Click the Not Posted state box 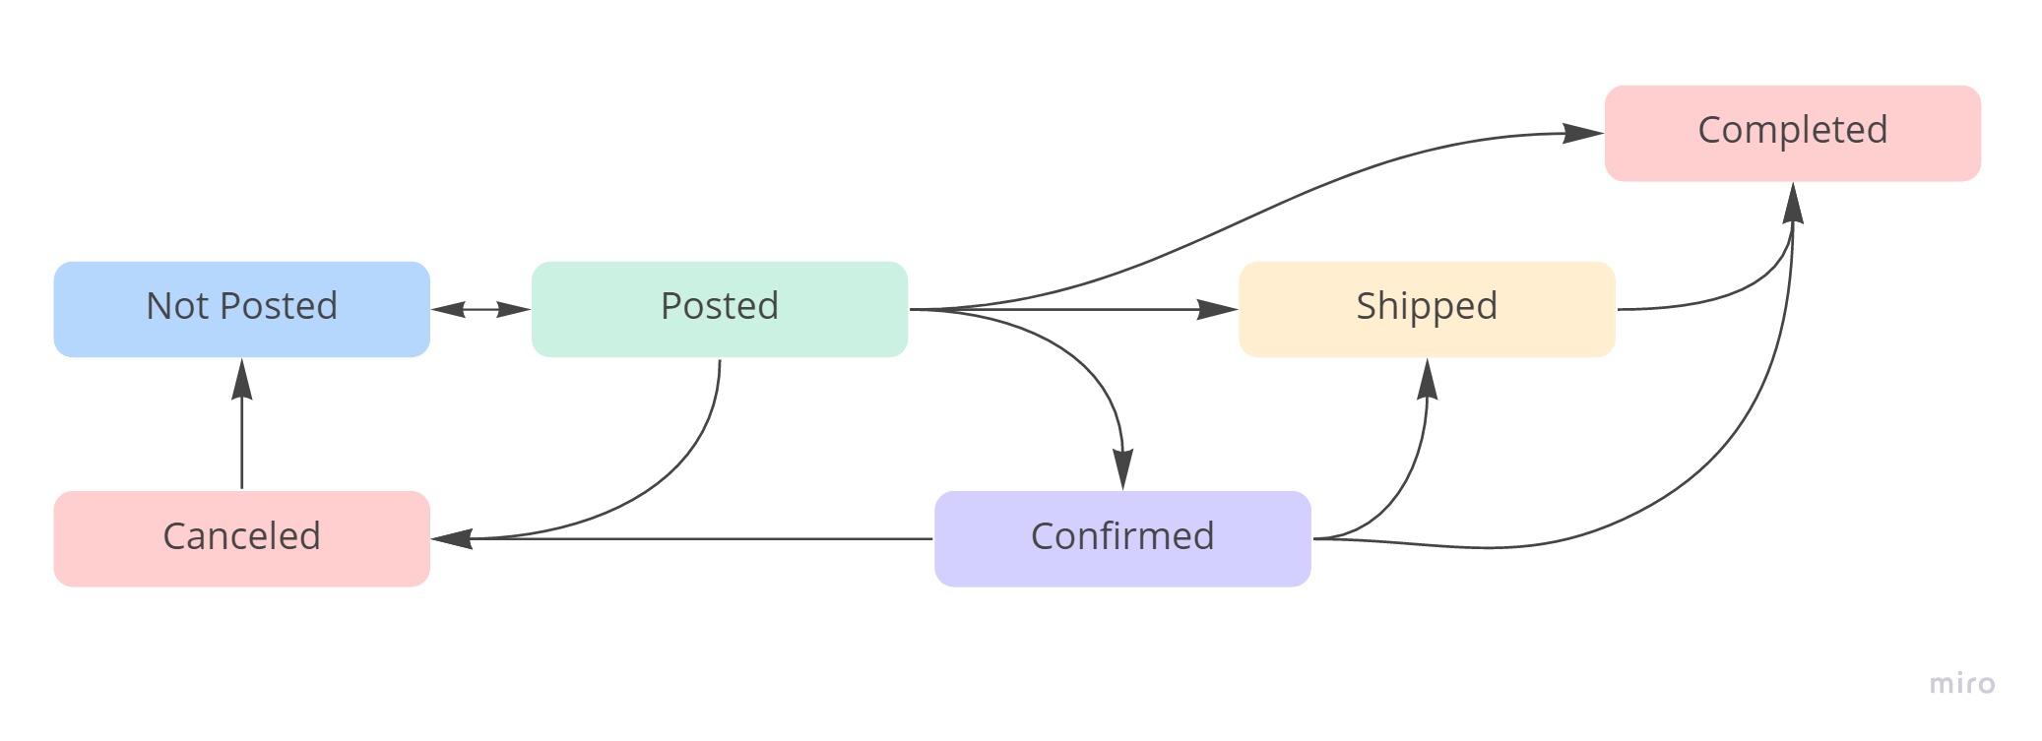pyautogui.click(x=241, y=309)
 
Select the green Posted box pyautogui.click(x=719, y=309)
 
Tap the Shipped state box pyautogui.click(x=1426, y=309)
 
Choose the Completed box pyautogui.click(x=1792, y=133)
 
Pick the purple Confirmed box pyautogui.click(x=1122, y=538)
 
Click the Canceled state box pyautogui.click(x=241, y=538)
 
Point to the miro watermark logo pyautogui.click(x=1961, y=683)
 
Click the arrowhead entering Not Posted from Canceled pyautogui.click(x=241, y=378)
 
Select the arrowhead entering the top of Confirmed pyautogui.click(x=1122, y=469)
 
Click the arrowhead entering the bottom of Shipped pyautogui.click(x=1427, y=379)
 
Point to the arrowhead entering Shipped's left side pyautogui.click(x=1218, y=309)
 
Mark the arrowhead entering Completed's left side pyautogui.click(x=1583, y=133)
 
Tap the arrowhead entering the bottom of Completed pyautogui.click(x=1793, y=203)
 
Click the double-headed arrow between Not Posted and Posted pyautogui.click(x=480, y=309)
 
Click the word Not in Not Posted pyautogui.click(x=176, y=306)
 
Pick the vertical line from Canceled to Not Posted pyautogui.click(x=241, y=443)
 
